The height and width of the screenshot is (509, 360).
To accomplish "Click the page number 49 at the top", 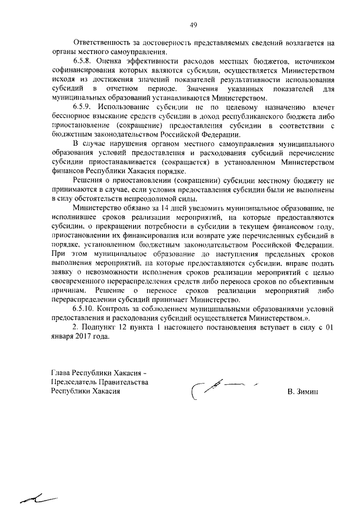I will [x=193, y=25].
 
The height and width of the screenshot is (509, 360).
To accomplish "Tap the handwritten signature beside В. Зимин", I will [x=217, y=387].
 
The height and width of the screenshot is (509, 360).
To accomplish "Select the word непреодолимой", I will [x=147, y=199].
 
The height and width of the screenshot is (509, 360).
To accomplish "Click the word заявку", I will [x=64, y=272].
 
